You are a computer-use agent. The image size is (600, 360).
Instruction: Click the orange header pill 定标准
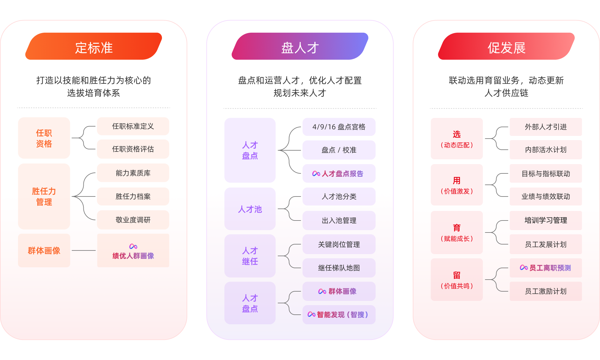pos(94,46)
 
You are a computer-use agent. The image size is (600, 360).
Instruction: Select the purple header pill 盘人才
pos(300,46)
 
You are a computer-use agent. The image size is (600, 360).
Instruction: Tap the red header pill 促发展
pos(506,46)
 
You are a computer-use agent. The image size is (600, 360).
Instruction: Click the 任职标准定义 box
pos(133,126)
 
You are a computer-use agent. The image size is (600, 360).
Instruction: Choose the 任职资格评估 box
pos(133,149)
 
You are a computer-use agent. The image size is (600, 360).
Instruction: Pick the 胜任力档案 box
pos(133,196)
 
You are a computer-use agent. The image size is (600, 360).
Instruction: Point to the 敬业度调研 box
pos(133,220)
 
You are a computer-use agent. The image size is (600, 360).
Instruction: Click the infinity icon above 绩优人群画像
pos(133,247)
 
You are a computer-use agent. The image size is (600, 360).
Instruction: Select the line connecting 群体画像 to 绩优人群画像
pos(84,250)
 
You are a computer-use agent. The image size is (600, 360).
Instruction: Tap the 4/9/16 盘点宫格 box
pos(339,127)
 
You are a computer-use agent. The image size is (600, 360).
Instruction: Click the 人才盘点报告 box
pos(339,174)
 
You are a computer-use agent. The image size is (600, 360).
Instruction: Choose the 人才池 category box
pos(250,209)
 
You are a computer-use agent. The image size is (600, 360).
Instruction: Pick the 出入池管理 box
pos(339,220)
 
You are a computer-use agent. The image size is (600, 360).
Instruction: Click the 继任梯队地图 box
pos(339,268)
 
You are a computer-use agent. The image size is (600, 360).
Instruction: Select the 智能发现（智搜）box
pos(339,315)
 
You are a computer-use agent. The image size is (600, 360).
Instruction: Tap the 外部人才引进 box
pos(546,127)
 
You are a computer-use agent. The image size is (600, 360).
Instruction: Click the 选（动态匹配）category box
pos(457,139)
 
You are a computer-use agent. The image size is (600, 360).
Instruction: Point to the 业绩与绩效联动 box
pos(546,196)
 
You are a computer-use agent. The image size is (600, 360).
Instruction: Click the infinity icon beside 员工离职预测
pos(524,268)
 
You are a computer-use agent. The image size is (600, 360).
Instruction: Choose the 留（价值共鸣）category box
pos(457,280)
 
